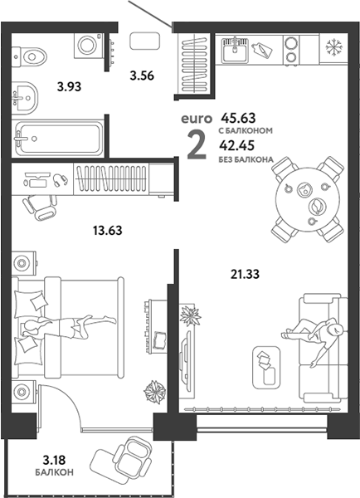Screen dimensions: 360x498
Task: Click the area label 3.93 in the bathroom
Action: point(69,86)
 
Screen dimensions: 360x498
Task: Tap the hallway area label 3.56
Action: point(142,76)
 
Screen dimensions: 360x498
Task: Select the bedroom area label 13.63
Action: point(108,230)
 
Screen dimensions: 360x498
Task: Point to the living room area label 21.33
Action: point(245,274)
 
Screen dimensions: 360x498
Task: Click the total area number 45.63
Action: point(238,118)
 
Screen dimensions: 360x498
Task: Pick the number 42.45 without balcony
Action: point(237,145)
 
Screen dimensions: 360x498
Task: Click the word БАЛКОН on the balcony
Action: point(54,472)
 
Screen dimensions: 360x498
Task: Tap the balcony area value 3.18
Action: point(54,460)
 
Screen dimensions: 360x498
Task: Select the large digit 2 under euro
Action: point(197,145)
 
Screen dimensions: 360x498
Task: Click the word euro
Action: point(197,119)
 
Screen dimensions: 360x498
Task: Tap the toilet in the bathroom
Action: point(29,56)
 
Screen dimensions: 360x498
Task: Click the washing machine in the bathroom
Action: point(89,46)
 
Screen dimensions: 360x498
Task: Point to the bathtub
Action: point(57,138)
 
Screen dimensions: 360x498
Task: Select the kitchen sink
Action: point(235,50)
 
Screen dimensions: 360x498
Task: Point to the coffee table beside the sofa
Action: point(266,367)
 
